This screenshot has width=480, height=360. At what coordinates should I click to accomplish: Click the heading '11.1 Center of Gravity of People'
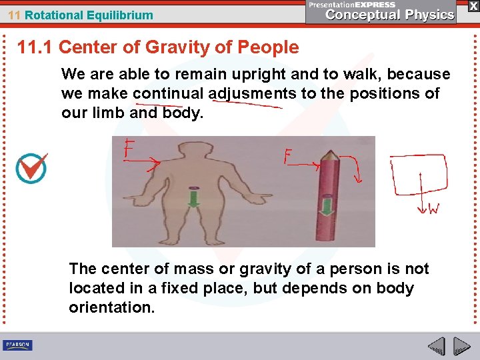[158, 47]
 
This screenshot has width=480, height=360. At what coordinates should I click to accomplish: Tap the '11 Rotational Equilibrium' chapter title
[80, 15]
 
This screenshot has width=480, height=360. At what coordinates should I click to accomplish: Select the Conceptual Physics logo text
[390, 15]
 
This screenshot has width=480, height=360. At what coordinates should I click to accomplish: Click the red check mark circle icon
[31, 167]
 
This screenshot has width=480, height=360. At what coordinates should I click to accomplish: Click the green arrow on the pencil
[327, 204]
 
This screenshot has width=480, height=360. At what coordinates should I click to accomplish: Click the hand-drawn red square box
[419, 175]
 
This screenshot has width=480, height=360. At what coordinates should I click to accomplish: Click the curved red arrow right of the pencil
[356, 167]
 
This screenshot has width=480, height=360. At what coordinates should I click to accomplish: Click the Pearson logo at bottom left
[17, 345]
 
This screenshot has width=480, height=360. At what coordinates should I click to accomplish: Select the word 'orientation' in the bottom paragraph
[111, 308]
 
